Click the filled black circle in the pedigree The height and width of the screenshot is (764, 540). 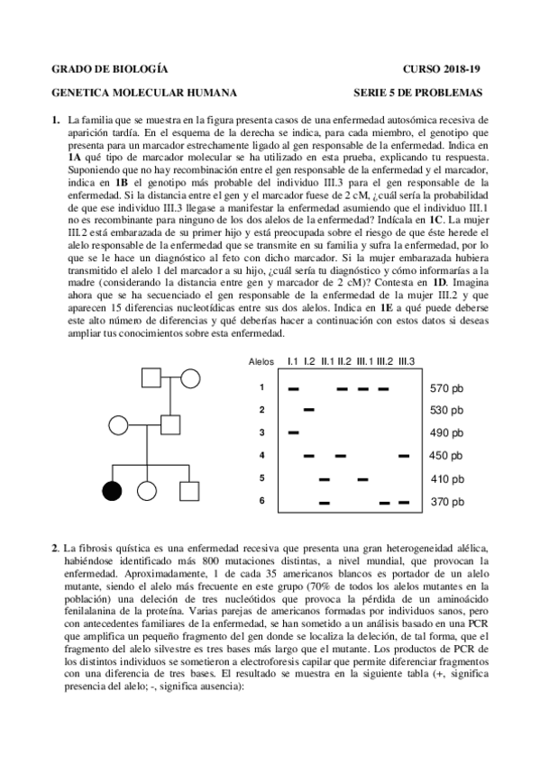click(112, 491)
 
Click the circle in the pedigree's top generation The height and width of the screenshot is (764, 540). click(190, 378)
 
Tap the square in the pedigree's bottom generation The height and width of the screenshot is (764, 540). click(188, 491)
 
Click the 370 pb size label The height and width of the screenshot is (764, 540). click(446, 502)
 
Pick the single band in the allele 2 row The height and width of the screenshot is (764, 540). click(309, 411)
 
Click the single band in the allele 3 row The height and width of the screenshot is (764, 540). click(294, 433)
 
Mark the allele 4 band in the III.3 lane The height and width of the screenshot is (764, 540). click(404, 456)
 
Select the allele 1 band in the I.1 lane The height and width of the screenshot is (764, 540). click(294, 389)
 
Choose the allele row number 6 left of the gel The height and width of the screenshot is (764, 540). click(261, 501)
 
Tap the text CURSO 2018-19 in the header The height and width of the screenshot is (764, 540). click(442, 69)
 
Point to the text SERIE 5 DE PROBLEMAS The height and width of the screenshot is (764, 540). click(418, 92)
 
